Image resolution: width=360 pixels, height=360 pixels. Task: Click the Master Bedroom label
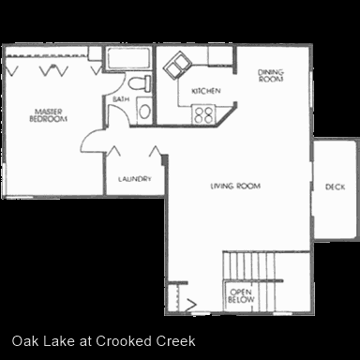48,115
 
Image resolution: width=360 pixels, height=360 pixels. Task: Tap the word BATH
121,99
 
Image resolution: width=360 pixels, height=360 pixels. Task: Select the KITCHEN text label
206,91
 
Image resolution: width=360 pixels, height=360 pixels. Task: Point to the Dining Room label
271,76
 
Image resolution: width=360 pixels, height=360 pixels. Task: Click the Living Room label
235,187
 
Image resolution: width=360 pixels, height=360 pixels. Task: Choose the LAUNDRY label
135,179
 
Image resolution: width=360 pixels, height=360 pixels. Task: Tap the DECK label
335,187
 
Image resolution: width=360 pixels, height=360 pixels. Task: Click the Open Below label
241,296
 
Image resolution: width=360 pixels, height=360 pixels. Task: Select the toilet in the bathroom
140,83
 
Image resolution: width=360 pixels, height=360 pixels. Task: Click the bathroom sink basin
144,112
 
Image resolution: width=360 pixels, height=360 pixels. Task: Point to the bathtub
127,58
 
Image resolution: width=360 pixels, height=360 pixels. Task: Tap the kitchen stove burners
203,114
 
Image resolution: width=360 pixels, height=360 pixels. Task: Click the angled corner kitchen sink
177,66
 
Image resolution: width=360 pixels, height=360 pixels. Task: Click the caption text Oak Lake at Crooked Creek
104,341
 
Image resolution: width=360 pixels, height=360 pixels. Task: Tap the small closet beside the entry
172,297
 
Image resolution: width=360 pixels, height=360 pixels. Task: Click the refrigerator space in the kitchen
220,55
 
